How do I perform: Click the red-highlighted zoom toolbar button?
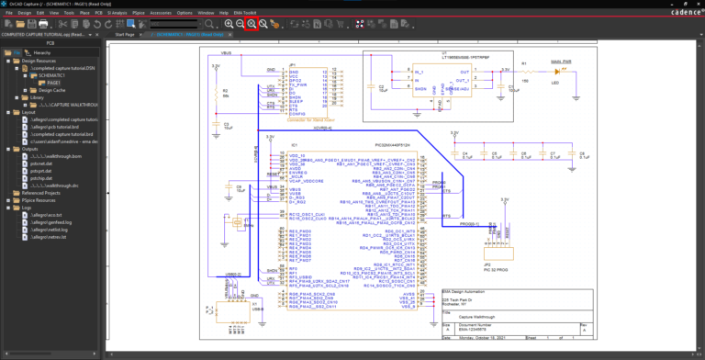(251, 23)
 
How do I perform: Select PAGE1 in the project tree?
(41, 83)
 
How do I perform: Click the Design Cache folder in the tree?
(51, 90)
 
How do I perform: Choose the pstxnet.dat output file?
(42, 163)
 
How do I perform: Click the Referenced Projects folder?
(39, 193)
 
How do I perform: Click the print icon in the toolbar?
(44, 23)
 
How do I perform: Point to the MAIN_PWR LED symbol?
(565, 70)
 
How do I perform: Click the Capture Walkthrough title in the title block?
(487, 317)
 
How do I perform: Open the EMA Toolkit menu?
(245, 13)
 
